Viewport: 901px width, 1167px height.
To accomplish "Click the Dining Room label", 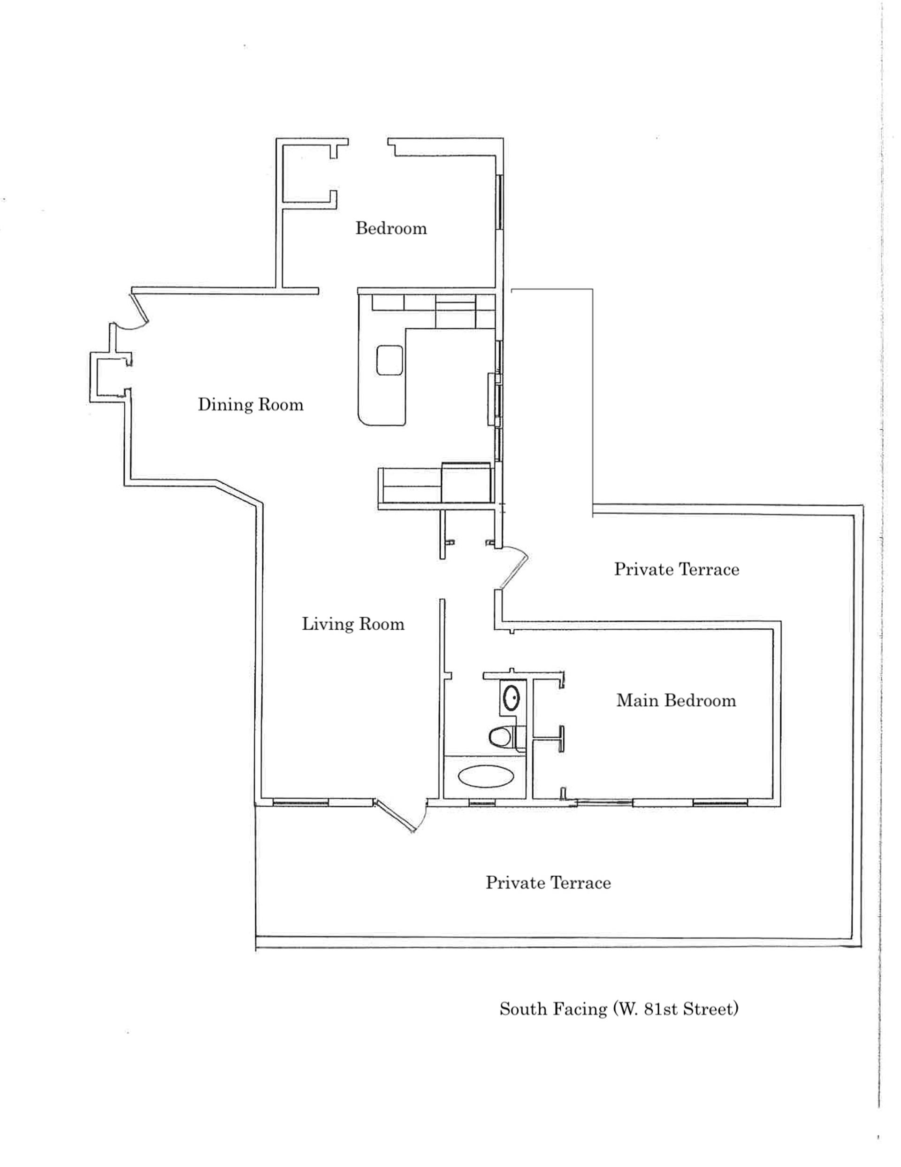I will (251, 404).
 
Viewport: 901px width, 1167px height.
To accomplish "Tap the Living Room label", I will (353, 624).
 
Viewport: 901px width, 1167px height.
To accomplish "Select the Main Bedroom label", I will (676, 701).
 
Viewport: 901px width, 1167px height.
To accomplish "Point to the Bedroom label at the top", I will (391, 229).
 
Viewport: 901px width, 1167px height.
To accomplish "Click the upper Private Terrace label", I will (677, 569).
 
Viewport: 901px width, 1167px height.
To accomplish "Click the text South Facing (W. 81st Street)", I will (619, 1009).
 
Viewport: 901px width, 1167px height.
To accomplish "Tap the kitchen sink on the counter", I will (389, 360).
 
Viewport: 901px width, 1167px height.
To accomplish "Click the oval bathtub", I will (484, 776).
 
